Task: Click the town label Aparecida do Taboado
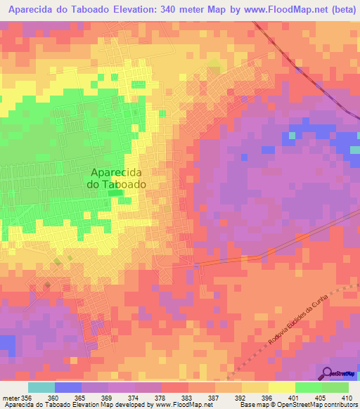117,178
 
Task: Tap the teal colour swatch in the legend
41,387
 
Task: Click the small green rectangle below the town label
115,193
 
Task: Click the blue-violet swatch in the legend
67,387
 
